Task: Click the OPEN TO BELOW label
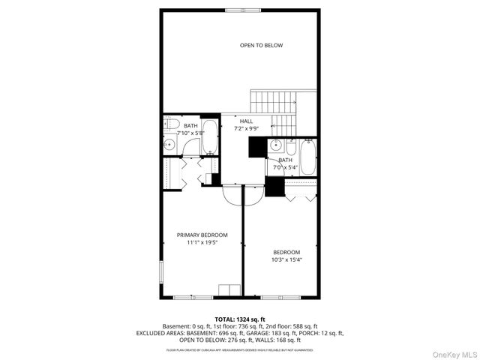(x=261, y=46)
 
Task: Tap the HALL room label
(x=246, y=121)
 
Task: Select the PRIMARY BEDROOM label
(x=202, y=235)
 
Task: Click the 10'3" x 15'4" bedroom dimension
(x=286, y=259)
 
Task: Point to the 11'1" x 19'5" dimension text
(x=202, y=242)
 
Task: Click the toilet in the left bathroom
(x=170, y=124)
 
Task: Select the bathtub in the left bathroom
(x=210, y=135)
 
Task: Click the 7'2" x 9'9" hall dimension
(x=246, y=128)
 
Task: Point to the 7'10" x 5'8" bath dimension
(x=190, y=133)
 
